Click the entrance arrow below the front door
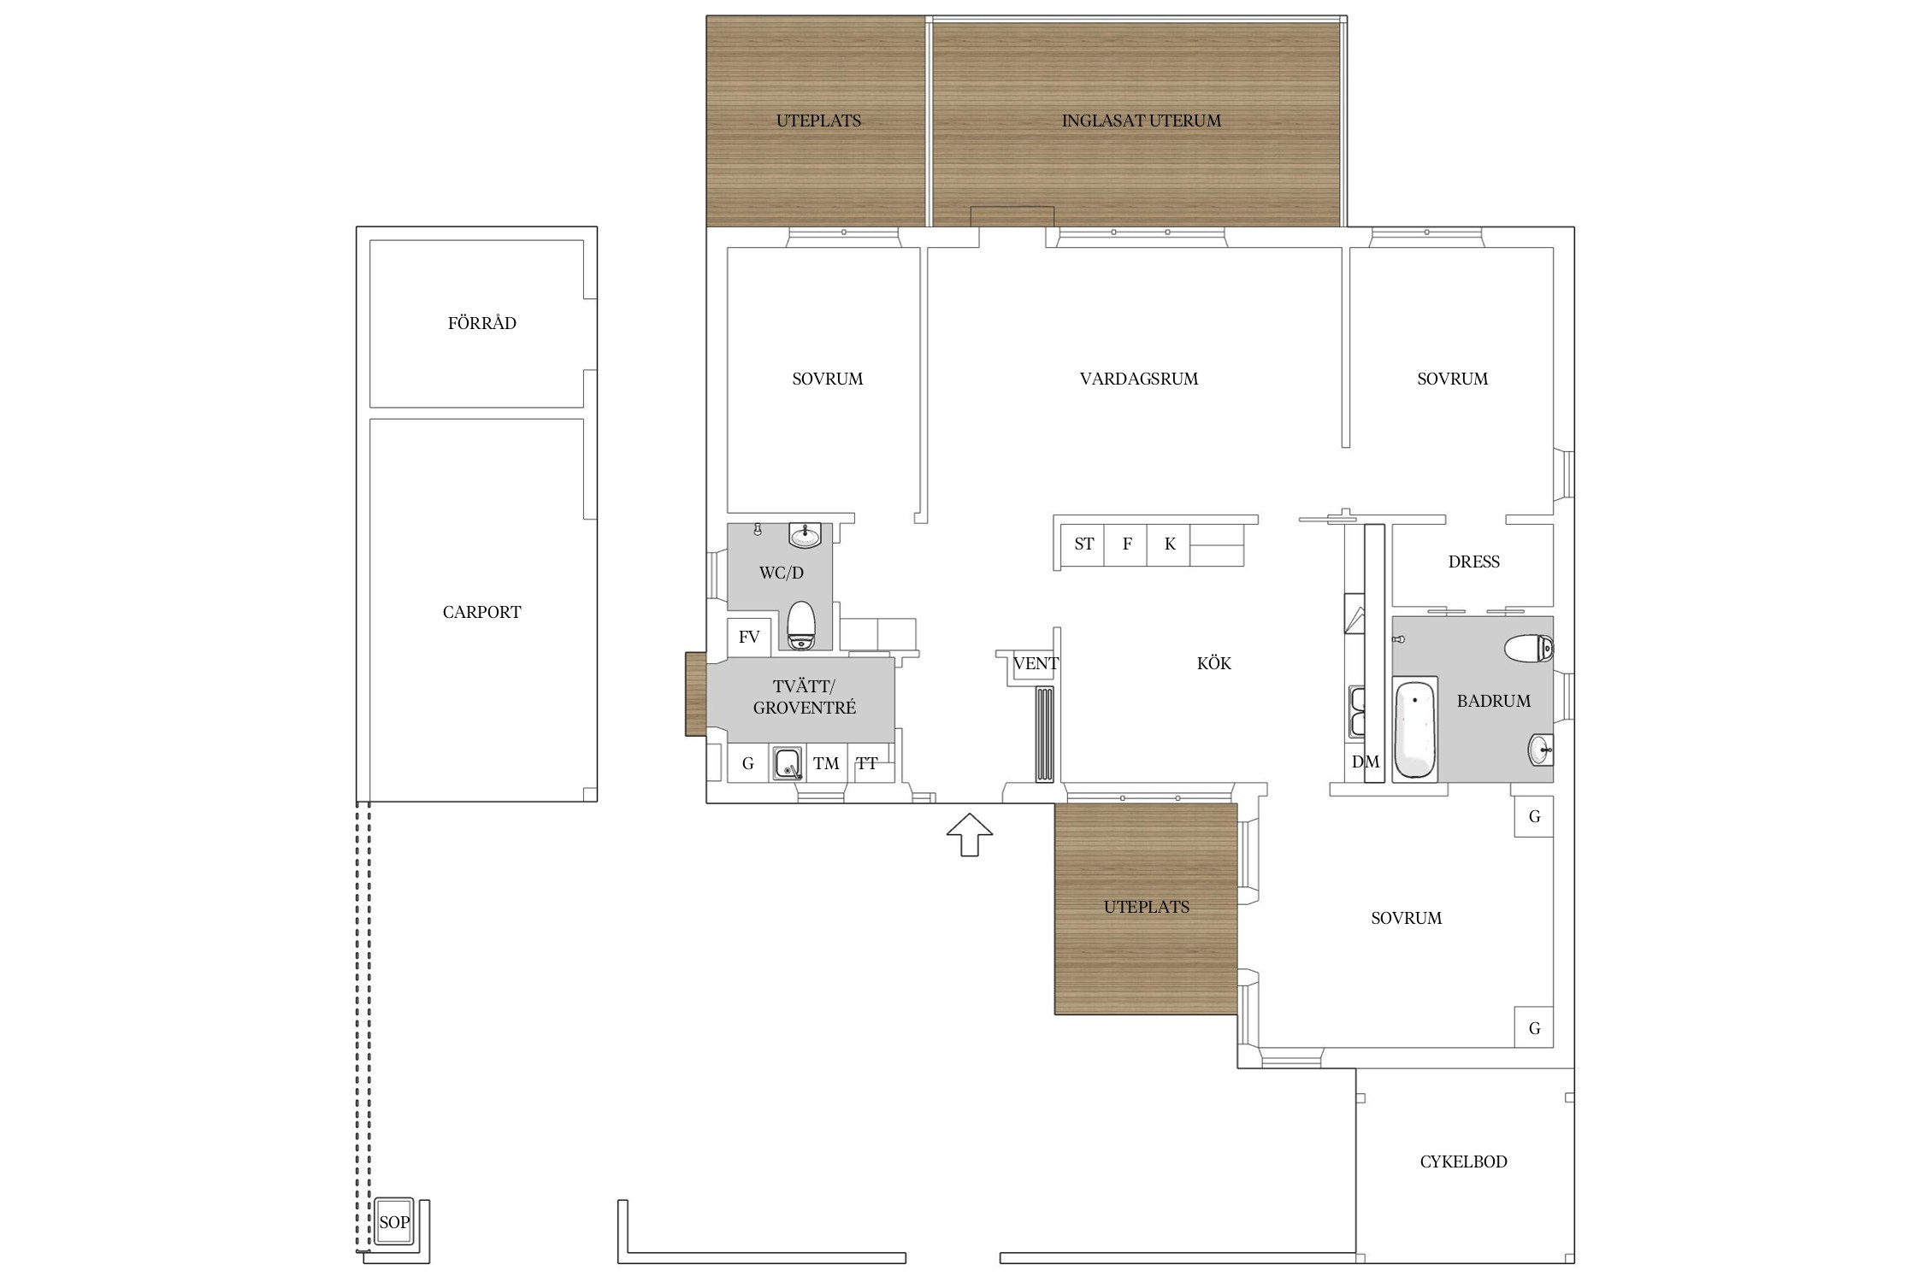click(969, 834)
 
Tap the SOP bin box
click(394, 1222)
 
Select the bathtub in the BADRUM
click(1415, 729)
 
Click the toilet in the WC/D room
click(801, 625)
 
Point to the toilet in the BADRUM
click(1529, 648)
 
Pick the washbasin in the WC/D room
click(806, 535)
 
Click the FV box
click(749, 637)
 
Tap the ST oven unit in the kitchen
click(1083, 544)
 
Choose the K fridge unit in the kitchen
click(1169, 544)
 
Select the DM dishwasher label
click(1366, 762)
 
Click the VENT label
click(1036, 663)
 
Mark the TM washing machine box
click(826, 763)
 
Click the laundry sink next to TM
click(788, 763)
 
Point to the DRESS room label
click(1474, 562)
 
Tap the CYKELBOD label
click(1464, 1161)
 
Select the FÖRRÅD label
click(482, 322)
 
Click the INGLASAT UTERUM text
click(1142, 121)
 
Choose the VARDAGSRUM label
click(1139, 379)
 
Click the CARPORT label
click(482, 612)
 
